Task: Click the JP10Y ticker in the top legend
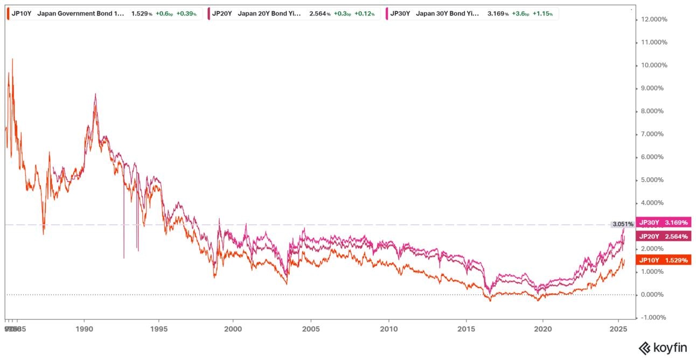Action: pos(21,13)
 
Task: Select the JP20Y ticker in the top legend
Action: pos(221,13)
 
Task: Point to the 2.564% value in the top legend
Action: pos(320,13)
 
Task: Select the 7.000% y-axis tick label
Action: pos(653,134)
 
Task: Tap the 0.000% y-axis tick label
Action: pos(653,295)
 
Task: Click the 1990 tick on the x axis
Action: pos(84,328)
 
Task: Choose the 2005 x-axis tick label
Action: pos(311,328)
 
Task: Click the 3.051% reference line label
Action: pos(622,224)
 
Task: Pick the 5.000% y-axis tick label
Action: pos(653,180)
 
